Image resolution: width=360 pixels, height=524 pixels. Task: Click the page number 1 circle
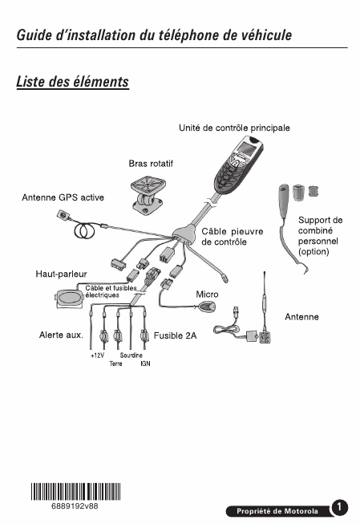point(339,507)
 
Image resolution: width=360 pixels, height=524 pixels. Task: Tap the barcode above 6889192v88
point(76,492)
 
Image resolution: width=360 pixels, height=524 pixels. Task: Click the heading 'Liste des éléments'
point(72,82)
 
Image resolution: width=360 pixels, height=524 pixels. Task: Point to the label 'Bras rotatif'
point(151,164)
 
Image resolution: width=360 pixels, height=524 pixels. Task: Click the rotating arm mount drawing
point(147,197)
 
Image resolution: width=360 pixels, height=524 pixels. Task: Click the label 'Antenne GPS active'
point(63,197)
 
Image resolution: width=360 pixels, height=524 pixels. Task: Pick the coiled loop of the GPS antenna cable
point(84,230)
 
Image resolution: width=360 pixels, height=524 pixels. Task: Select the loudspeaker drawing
point(69,299)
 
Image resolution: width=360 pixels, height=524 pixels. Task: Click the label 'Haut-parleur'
point(61,274)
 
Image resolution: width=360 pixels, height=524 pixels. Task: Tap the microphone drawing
point(207,307)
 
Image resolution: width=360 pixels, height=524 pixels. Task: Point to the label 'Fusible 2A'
point(175,335)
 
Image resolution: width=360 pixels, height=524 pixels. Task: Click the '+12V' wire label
point(97,355)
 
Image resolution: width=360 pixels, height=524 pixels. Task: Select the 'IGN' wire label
point(145,364)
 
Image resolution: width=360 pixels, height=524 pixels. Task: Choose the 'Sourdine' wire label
point(131,355)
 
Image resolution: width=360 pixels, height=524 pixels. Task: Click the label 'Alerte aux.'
point(61,335)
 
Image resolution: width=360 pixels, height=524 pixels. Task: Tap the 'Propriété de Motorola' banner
point(277,511)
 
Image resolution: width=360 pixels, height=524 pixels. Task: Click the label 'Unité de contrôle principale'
point(234,128)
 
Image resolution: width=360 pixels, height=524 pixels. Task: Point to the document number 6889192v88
point(75,506)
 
